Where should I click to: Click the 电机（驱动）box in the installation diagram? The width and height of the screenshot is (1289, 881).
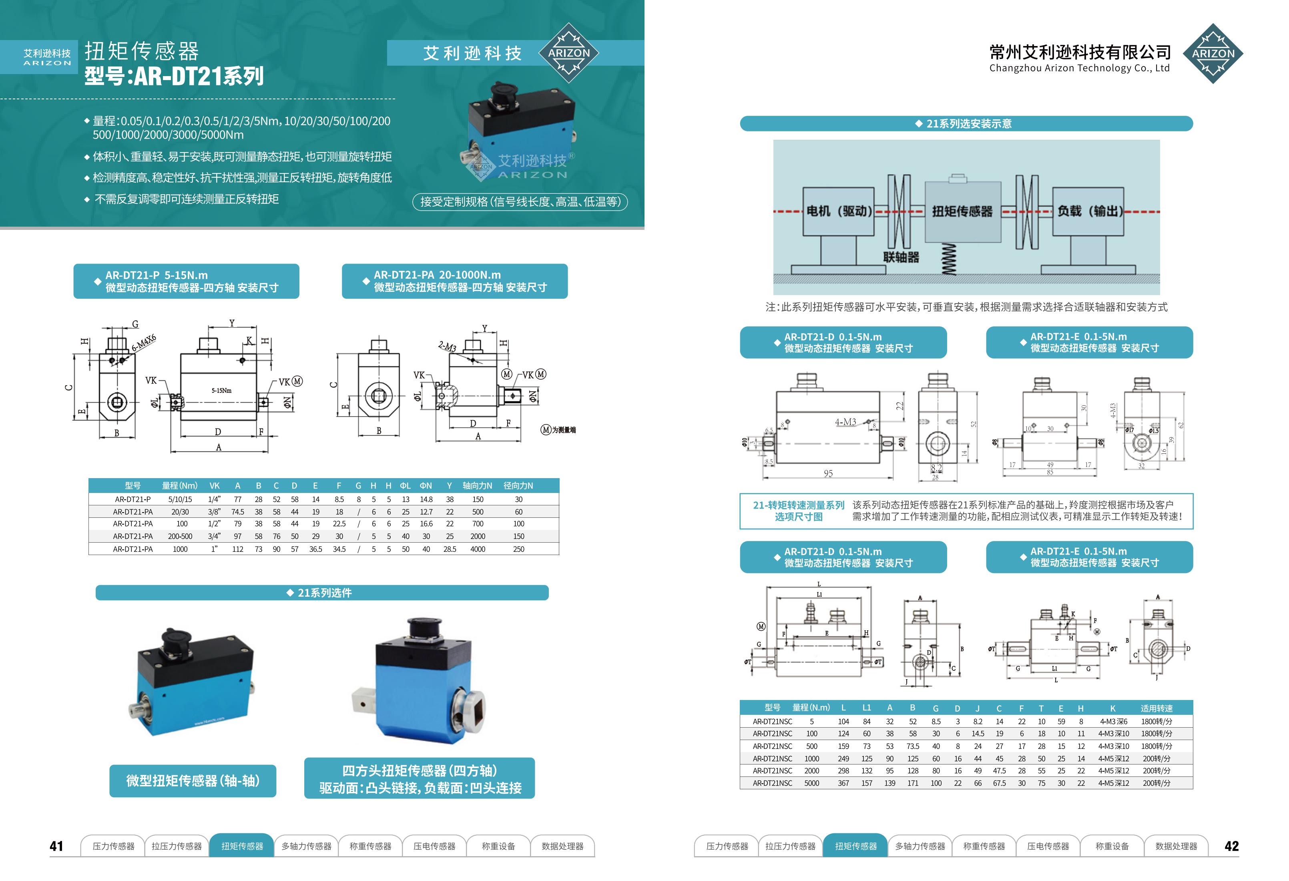click(x=839, y=211)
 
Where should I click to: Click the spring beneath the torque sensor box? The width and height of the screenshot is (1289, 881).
click(x=950, y=259)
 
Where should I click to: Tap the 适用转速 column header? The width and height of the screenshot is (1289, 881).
click(x=1156, y=708)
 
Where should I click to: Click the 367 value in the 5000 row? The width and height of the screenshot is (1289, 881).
click(x=843, y=783)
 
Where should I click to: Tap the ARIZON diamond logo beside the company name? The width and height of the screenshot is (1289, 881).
click(x=1213, y=54)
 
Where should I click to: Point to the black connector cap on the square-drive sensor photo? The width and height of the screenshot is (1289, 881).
click(x=424, y=629)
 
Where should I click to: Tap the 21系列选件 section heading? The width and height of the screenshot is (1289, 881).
click(x=322, y=593)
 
